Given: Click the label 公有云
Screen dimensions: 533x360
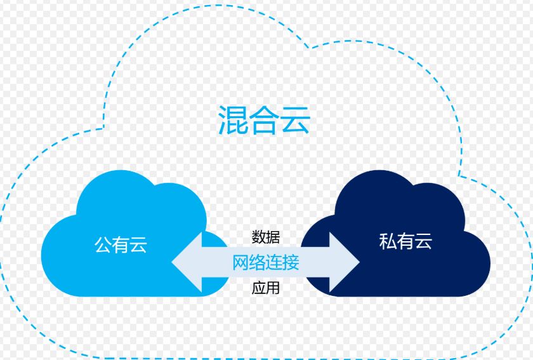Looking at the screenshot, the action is click(x=121, y=244).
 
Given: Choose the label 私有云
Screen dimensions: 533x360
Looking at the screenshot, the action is click(x=405, y=241).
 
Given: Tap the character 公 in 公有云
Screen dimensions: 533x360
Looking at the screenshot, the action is click(x=103, y=244).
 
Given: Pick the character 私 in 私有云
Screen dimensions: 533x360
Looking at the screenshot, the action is click(x=388, y=241).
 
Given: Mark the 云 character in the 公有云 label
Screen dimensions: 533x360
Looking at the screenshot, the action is click(x=138, y=244).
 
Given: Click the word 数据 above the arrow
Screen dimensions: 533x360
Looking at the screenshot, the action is click(x=265, y=237).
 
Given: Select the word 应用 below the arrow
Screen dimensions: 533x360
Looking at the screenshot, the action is click(x=265, y=288).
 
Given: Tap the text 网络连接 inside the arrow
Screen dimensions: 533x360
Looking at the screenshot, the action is click(x=265, y=262).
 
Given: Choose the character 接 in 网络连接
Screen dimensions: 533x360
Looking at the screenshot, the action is click(x=291, y=262).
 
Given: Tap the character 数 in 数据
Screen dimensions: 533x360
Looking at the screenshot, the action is click(x=258, y=237).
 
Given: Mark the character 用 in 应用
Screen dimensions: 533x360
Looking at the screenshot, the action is click(x=273, y=288).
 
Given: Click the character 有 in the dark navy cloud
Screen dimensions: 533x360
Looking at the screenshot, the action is click(x=405, y=241).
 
